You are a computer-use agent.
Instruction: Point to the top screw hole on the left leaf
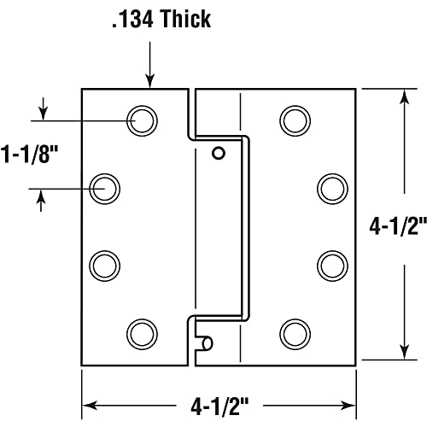click(141, 119)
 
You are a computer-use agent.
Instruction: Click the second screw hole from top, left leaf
click(106, 187)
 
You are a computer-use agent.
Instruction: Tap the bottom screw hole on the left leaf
click(141, 330)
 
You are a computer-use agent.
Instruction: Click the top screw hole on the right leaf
click(295, 119)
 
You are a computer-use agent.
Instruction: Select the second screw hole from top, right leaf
click(331, 187)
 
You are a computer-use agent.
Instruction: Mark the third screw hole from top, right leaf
click(331, 260)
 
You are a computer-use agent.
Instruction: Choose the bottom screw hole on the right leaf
click(295, 330)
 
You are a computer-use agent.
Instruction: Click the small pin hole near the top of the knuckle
click(219, 153)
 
